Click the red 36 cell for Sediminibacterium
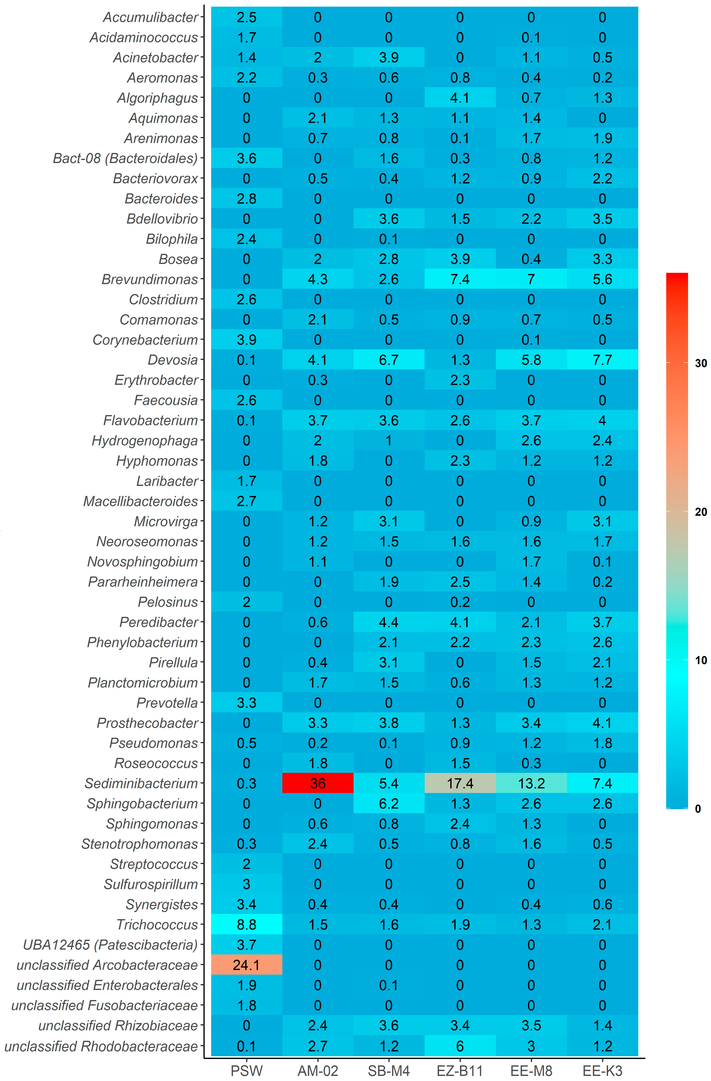pos(318,783)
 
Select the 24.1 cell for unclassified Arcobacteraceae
pos(246,965)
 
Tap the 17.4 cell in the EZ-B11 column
pos(460,783)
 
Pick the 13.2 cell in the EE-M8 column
pos(531,783)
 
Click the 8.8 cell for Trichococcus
pos(246,924)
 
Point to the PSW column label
pos(246,1071)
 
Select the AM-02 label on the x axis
pos(318,1071)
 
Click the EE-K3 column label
pos(603,1071)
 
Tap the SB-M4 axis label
pos(389,1071)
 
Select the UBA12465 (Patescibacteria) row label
pos(110,945)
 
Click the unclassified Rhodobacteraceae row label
pos(101,1046)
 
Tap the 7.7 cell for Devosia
pos(603,360)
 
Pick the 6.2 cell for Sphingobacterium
pos(389,804)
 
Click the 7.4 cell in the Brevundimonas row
pos(460,279)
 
